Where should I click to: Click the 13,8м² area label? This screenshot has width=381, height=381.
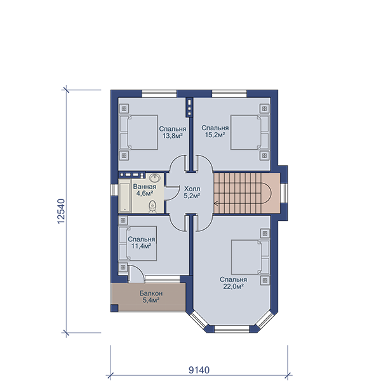click(173, 136)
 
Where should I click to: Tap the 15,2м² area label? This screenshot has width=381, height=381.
click(215, 135)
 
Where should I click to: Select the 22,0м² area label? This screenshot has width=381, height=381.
click(234, 287)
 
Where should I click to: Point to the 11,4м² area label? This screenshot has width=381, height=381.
click(142, 246)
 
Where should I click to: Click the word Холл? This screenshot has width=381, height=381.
click(192, 189)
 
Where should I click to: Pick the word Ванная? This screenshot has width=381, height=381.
click(145, 187)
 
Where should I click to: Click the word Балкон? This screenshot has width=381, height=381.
click(151, 293)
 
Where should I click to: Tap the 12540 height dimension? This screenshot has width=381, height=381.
click(61, 211)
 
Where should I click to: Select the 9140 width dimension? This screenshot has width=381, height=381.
click(199, 370)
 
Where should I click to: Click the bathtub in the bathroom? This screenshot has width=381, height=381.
click(125, 197)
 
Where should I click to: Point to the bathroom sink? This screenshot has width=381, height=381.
click(154, 178)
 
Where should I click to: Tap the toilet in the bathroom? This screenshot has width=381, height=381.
click(152, 206)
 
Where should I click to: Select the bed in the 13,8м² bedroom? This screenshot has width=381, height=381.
click(138, 133)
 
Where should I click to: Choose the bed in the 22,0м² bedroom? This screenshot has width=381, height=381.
click(251, 257)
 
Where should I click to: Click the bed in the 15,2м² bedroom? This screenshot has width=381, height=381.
click(250, 133)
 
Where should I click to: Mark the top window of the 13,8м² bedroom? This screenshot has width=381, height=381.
click(159, 94)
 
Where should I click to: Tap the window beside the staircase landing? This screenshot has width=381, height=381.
click(284, 193)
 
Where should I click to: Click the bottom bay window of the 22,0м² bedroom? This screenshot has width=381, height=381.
click(232, 329)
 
